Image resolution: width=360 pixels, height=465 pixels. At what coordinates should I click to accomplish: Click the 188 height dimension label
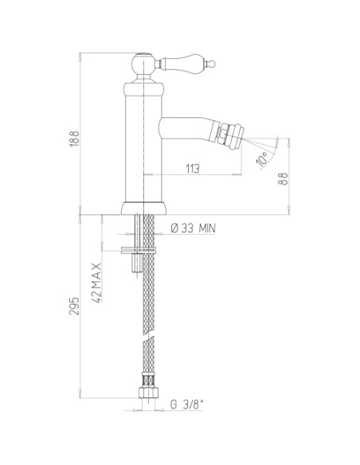(75, 139)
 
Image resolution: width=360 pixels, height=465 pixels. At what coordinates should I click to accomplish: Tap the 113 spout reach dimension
(193, 169)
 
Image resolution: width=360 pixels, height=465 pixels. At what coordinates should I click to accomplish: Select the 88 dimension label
(284, 179)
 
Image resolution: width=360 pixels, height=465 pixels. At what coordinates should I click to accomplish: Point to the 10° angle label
(262, 158)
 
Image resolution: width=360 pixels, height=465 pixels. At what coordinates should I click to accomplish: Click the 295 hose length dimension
(74, 306)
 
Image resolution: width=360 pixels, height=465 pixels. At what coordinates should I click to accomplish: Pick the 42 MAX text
(97, 283)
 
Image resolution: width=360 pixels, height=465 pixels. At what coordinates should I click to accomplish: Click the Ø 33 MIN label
(194, 229)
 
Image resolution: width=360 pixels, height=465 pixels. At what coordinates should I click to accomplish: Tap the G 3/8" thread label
(187, 404)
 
